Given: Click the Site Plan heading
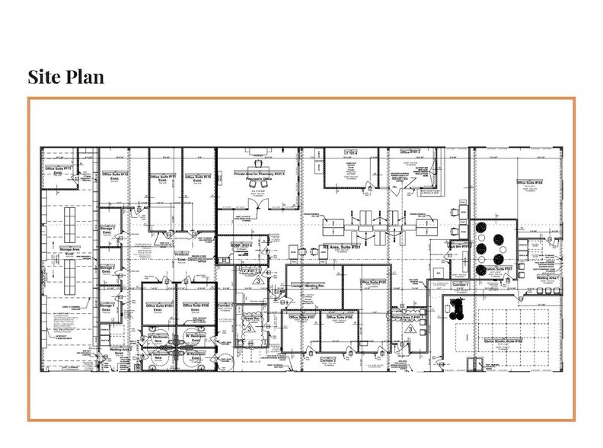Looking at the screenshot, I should point(65,77).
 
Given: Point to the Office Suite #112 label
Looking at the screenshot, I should point(114,174).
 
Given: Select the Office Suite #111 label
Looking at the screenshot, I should point(162,176).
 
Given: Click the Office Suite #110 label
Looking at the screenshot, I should point(197,176).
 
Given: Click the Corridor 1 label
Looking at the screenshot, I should point(462,283).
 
